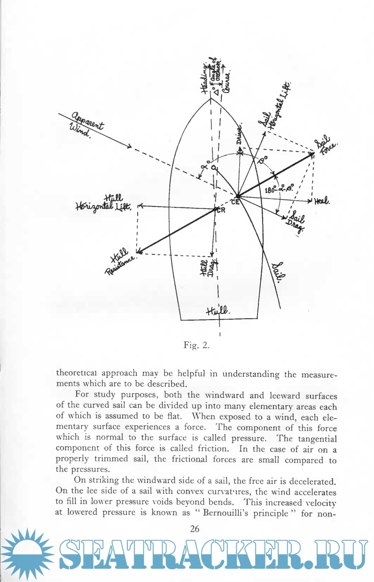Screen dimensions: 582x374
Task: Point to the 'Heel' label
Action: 322,201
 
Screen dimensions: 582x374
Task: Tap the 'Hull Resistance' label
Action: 120,263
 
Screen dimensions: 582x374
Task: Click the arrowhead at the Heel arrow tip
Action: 311,201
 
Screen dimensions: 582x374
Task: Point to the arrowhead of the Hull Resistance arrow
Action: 138,252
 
